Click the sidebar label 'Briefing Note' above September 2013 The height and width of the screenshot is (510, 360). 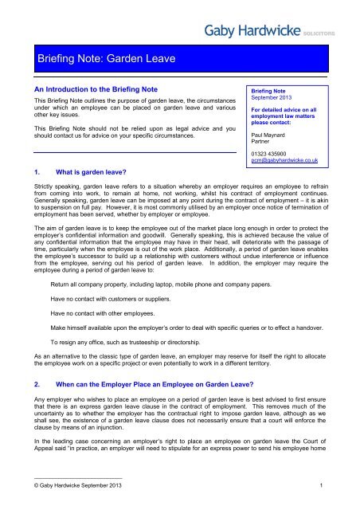coord(272,92)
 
